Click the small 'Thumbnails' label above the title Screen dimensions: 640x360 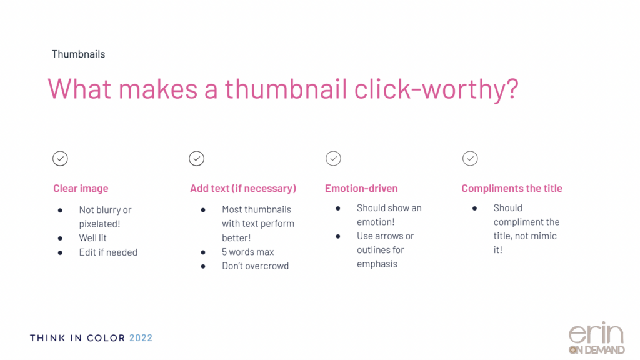click(78, 54)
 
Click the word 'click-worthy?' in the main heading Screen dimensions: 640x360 click(436, 89)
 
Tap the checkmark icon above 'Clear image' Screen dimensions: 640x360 click(60, 158)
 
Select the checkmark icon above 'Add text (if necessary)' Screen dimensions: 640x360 click(197, 158)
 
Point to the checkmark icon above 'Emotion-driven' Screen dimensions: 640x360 click(334, 158)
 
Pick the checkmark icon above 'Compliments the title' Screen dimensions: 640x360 click(470, 158)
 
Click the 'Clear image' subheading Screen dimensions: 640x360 click(81, 188)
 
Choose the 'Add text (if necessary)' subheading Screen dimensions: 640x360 click(243, 188)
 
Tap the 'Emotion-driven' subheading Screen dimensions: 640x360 click(361, 188)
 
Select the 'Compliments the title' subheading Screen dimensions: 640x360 click(512, 188)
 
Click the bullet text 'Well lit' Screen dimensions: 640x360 click(92, 238)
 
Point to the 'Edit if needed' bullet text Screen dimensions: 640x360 click(108, 252)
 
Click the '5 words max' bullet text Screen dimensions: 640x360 click(247, 252)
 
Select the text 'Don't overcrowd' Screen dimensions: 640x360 click(255, 266)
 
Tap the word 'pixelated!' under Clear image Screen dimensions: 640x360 click(99, 224)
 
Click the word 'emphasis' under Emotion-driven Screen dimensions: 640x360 click(377, 264)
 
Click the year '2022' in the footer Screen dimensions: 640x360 click(141, 338)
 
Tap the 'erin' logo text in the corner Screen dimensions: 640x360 click(596, 334)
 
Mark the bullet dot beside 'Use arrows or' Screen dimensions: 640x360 click(338, 236)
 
